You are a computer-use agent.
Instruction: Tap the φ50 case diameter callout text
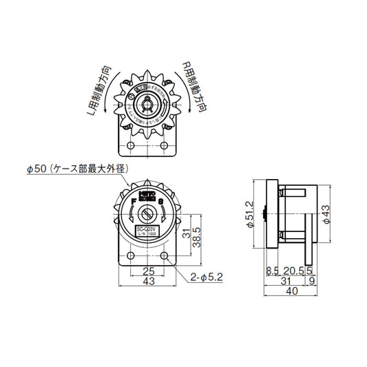77,168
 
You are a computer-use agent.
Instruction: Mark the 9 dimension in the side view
312,282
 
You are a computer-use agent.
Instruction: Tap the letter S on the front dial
160,202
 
